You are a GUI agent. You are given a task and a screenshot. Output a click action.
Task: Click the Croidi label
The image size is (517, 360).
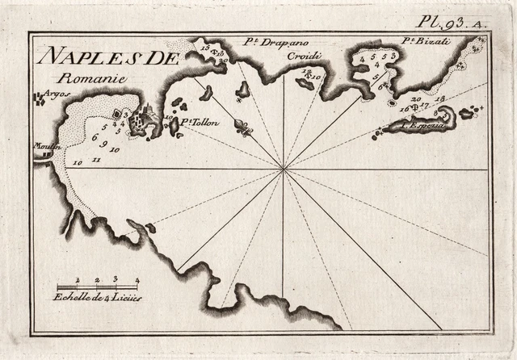306,57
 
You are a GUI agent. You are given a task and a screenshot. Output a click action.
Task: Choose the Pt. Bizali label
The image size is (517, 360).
420,41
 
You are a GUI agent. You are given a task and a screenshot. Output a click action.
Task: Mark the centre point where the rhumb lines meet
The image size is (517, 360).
284,169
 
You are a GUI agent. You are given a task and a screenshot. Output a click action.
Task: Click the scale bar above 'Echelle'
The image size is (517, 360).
98,287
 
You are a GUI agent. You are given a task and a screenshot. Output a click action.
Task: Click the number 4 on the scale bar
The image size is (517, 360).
137,279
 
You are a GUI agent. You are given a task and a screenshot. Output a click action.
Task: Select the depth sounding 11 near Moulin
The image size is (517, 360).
96,161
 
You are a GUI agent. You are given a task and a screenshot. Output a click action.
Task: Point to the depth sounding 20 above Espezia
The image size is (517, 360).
416,99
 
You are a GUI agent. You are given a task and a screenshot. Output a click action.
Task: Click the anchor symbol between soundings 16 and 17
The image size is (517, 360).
411,108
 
